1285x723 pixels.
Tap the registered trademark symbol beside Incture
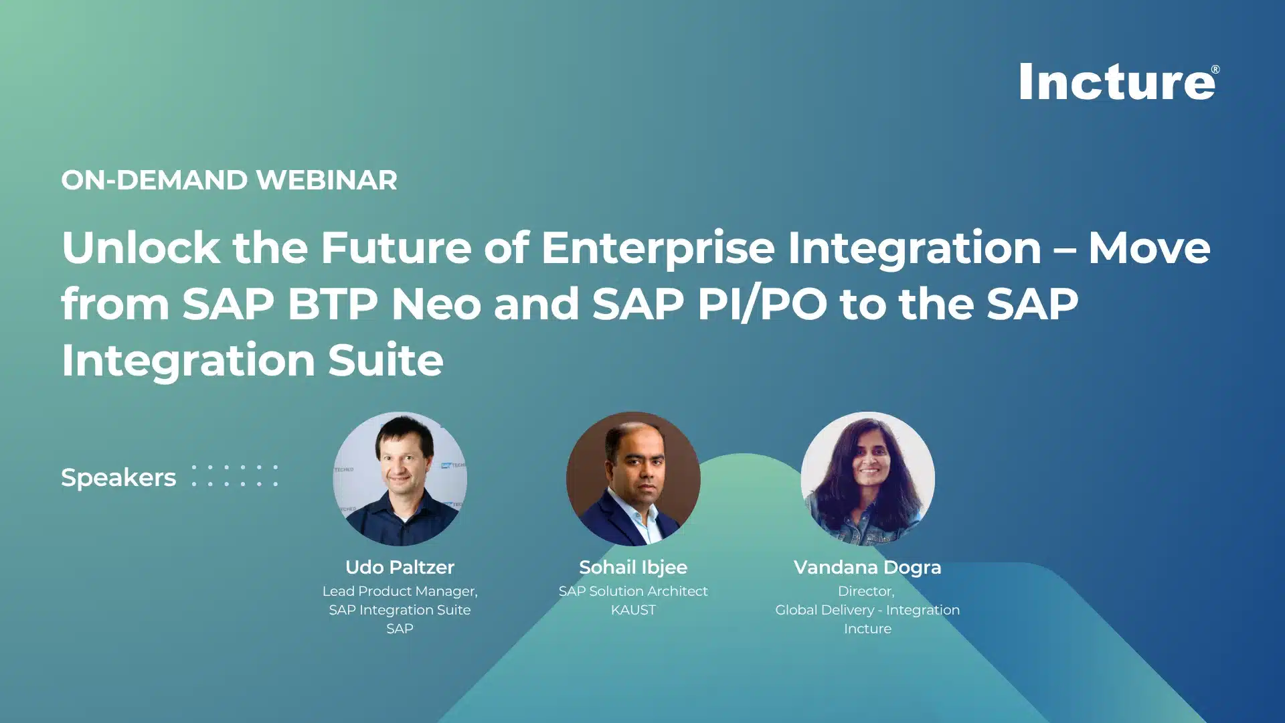(1215, 70)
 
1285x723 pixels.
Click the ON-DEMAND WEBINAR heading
(229, 180)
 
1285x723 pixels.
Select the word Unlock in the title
(141, 248)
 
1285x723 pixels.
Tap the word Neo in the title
(436, 305)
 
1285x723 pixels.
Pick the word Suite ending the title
(385, 360)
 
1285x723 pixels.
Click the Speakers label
(118, 477)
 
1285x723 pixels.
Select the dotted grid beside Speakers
(234, 475)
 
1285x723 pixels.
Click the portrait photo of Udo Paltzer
(400, 479)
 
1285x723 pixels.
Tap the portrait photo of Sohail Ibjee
(633, 479)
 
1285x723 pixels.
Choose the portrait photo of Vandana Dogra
(867, 479)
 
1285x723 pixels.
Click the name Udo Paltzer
(400, 567)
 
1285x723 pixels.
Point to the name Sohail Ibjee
(633, 567)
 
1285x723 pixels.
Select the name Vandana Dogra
(867, 567)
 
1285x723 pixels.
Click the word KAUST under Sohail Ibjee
(633, 610)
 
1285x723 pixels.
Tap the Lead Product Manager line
(400, 591)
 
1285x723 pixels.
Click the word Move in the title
(1149, 248)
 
